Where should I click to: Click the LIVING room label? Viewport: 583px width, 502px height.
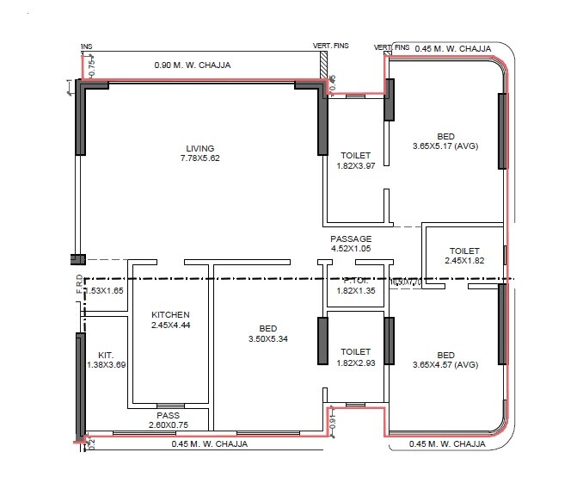(199, 148)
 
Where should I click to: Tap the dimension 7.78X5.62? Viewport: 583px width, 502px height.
(199, 158)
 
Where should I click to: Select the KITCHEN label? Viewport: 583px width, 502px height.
(169, 314)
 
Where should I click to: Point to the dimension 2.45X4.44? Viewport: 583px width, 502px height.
(169, 325)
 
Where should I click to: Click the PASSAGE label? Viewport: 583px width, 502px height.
(351, 239)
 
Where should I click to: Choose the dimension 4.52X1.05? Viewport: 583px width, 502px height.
(351, 249)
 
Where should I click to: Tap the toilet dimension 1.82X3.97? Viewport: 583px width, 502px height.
(355, 166)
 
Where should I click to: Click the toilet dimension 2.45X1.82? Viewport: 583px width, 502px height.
(465, 260)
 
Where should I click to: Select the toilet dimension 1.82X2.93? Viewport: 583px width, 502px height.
(355, 363)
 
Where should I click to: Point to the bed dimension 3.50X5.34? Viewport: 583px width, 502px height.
(267, 339)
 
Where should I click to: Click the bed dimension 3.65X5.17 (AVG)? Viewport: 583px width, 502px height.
(445, 146)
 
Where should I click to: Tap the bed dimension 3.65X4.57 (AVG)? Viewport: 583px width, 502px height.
(445, 365)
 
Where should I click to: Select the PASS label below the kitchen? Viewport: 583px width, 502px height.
(168, 415)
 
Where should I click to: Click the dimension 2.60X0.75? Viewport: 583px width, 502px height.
(168, 425)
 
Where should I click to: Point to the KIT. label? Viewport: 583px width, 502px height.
(106, 354)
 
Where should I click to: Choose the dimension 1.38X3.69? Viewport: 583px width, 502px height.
(107, 364)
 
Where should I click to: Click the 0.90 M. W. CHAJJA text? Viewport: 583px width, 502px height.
(192, 65)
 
